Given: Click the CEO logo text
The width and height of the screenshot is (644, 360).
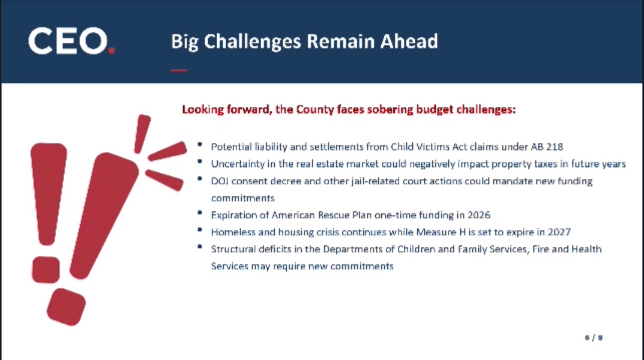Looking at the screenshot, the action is [x=68, y=41].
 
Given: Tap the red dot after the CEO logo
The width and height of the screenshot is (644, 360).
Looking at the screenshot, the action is [x=111, y=51].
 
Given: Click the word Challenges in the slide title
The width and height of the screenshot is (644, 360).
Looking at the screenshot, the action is [x=252, y=42].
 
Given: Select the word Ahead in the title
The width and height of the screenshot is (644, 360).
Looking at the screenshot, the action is [x=409, y=42].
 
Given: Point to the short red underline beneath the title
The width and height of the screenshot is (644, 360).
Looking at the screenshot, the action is [x=179, y=71].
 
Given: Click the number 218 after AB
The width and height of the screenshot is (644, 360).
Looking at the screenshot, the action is [x=555, y=147].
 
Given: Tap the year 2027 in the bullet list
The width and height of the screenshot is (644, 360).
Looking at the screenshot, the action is [x=559, y=232].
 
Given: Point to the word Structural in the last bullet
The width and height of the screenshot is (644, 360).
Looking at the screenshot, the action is [x=233, y=249].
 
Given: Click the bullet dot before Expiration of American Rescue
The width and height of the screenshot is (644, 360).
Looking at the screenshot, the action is [x=200, y=213].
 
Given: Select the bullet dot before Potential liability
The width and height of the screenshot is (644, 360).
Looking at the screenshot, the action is [x=200, y=144].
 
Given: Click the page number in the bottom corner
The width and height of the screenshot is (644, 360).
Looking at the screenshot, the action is [x=594, y=337].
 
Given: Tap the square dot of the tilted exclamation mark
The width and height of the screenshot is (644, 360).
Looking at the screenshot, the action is [x=66, y=307].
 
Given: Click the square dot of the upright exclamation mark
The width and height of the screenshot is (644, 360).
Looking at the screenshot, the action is [x=46, y=270].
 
